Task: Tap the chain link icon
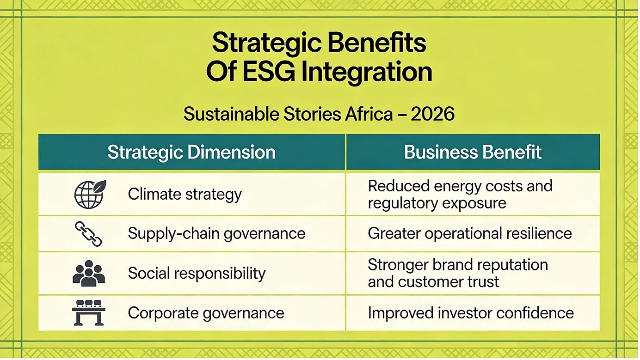click(x=88, y=234)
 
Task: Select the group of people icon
click(x=89, y=273)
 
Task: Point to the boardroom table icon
click(x=89, y=312)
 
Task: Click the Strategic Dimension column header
click(x=191, y=152)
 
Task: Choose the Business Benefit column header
click(x=473, y=152)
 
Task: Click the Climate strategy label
click(x=185, y=195)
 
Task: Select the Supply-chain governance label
click(x=216, y=234)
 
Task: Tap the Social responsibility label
click(x=197, y=273)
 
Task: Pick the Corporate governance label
click(x=206, y=313)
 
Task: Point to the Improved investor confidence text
click(x=471, y=313)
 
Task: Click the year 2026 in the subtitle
click(x=432, y=114)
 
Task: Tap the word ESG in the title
click(x=269, y=72)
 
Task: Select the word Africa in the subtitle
click(x=369, y=114)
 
